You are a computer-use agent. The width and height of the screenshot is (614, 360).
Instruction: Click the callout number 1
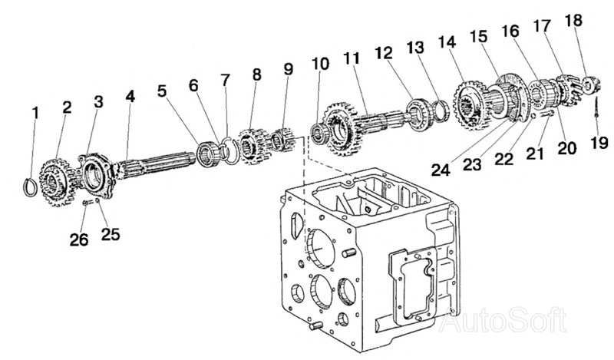[35, 113]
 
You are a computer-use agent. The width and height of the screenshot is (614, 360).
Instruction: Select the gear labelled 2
[57, 182]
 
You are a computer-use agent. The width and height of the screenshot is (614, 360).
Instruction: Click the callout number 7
[226, 80]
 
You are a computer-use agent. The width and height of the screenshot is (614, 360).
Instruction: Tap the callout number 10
[321, 64]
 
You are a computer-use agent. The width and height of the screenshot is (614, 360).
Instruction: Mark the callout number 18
[574, 20]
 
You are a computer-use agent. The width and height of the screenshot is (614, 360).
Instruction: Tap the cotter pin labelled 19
[596, 107]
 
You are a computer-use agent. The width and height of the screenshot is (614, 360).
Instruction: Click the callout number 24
[441, 170]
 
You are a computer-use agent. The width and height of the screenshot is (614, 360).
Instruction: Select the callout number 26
[79, 239]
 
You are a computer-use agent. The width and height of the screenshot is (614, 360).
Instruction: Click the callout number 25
[111, 234]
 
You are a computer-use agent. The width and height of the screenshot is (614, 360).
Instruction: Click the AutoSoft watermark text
[503, 320]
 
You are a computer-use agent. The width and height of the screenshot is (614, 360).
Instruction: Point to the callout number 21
[535, 154]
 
